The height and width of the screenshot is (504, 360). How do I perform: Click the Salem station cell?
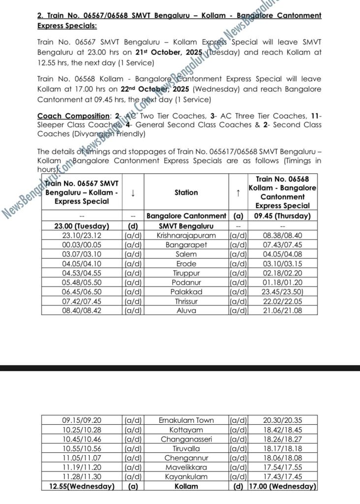[x=186, y=254]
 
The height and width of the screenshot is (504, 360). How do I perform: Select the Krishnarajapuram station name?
[x=186, y=236]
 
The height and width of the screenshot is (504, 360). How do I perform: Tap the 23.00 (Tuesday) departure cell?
[x=82, y=226]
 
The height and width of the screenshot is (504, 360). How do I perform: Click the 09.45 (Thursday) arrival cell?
[x=282, y=216]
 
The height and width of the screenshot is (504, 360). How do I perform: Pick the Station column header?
[x=186, y=193]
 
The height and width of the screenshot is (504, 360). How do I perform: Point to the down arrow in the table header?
[x=132, y=193]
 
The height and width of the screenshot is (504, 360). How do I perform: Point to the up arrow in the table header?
[x=238, y=193]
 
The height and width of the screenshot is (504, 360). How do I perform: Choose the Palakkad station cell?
[x=186, y=292]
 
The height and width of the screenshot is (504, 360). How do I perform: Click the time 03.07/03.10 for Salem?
[x=82, y=254]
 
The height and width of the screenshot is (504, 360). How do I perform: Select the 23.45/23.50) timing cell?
[x=282, y=292]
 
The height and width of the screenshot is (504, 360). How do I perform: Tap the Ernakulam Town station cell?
[x=186, y=420]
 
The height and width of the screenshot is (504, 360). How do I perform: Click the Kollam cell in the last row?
[x=186, y=486]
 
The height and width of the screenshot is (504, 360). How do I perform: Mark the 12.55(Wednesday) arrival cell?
[x=82, y=486]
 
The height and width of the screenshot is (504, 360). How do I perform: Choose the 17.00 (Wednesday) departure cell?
[x=282, y=486]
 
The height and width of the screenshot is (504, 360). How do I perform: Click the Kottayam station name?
[x=186, y=430]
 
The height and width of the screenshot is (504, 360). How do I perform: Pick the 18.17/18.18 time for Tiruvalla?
[x=282, y=448]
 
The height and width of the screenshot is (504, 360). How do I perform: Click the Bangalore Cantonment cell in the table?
[x=186, y=216]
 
